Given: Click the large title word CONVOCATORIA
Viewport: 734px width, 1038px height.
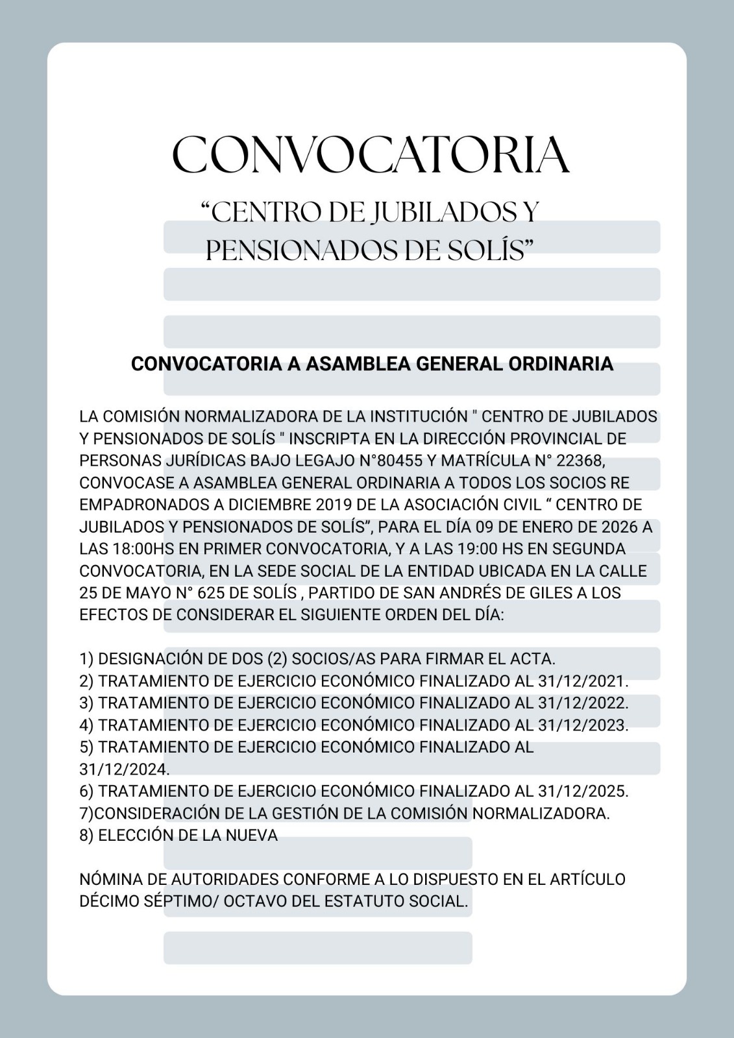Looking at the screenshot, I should [x=371, y=155].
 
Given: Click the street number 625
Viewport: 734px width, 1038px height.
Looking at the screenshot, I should [x=211, y=593].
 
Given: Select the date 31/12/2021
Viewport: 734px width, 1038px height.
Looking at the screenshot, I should [x=583, y=681].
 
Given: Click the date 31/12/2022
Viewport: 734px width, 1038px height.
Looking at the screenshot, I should [x=583, y=703].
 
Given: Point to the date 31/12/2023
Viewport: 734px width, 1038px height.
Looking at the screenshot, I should [x=583, y=725].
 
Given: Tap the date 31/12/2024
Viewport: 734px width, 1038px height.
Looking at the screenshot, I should [x=124, y=769].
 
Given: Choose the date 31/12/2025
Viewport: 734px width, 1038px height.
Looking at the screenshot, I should [x=583, y=791].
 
